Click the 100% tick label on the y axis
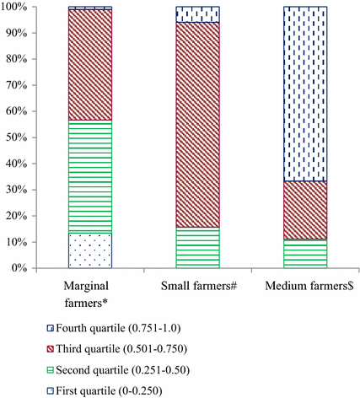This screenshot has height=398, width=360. [x=16, y=7]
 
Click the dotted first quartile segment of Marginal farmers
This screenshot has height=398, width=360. [x=90, y=250]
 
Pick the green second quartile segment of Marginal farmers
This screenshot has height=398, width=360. [x=90, y=177]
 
